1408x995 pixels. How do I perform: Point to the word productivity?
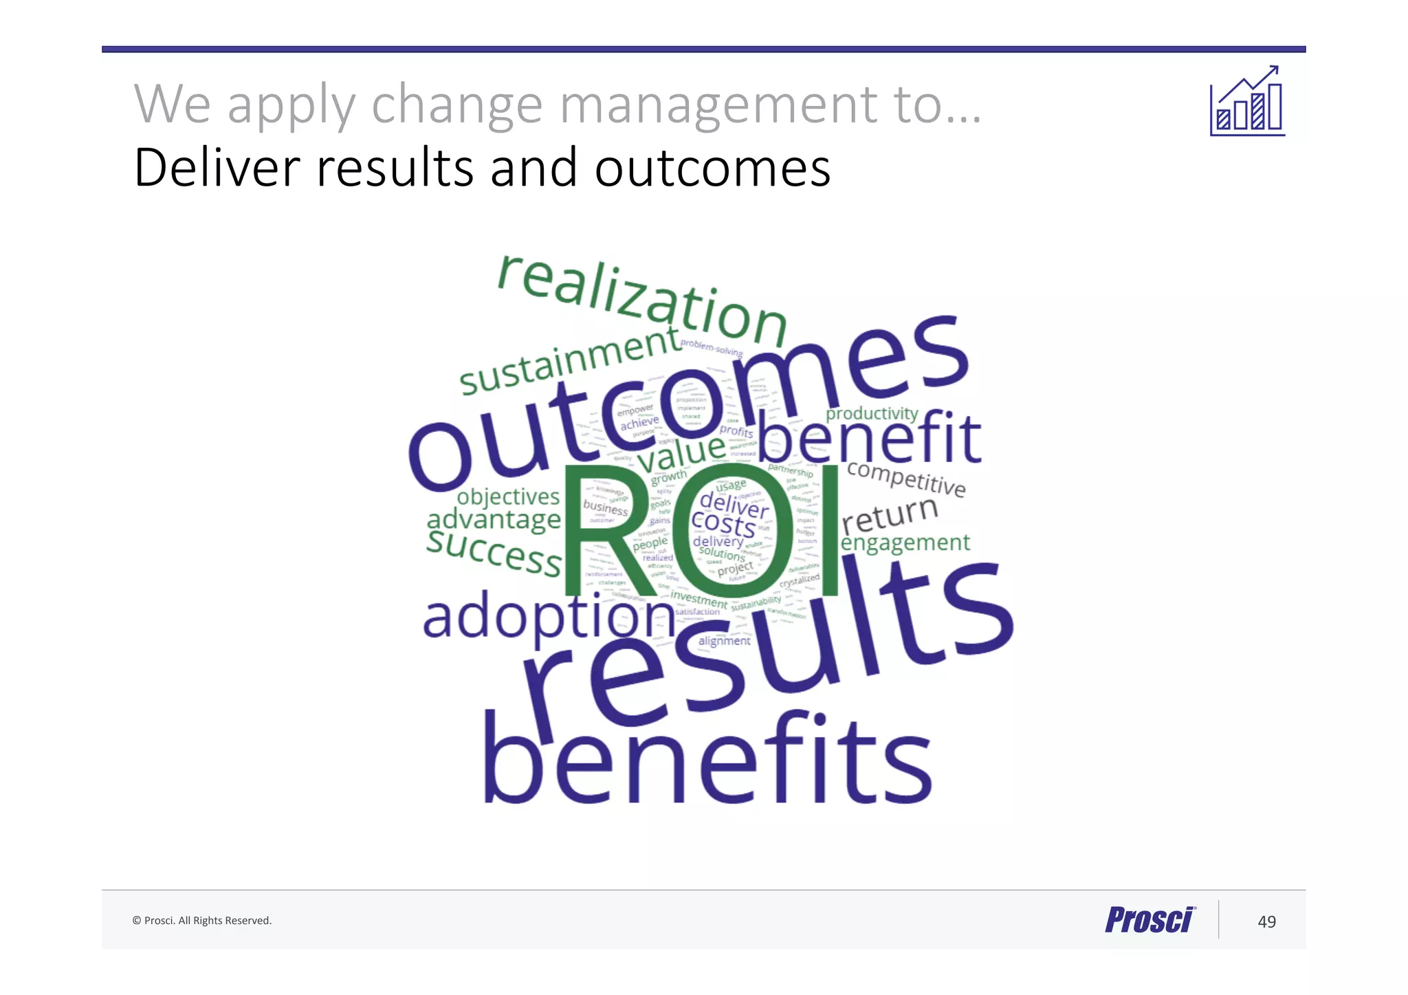click(872, 413)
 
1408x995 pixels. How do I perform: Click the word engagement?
click(905, 543)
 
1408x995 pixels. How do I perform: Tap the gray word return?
click(890, 515)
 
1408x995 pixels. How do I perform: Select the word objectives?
click(508, 496)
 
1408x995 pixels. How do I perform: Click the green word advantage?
click(494, 519)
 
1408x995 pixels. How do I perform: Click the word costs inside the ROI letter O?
click(723, 525)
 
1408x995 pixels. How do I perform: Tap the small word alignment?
click(724, 641)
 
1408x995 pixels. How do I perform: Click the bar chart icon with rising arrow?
click(1247, 102)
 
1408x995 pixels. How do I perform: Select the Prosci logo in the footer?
click(1150, 920)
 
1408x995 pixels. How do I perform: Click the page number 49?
click(1266, 921)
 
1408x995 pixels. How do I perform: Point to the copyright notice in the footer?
click(202, 921)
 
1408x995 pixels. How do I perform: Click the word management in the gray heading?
click(718, 105)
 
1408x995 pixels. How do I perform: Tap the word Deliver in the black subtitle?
click(217, 168)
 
